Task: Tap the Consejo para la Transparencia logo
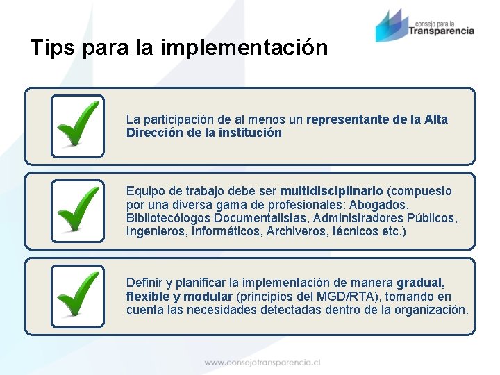click(x=424, y=26)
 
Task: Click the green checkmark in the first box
click(x=78, y=125)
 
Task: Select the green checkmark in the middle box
click(x=78, y=210)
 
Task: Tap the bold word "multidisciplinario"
click(x=331, y=191)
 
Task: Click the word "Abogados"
click(x=379, y=205)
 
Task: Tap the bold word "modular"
click(x=208, y=297)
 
